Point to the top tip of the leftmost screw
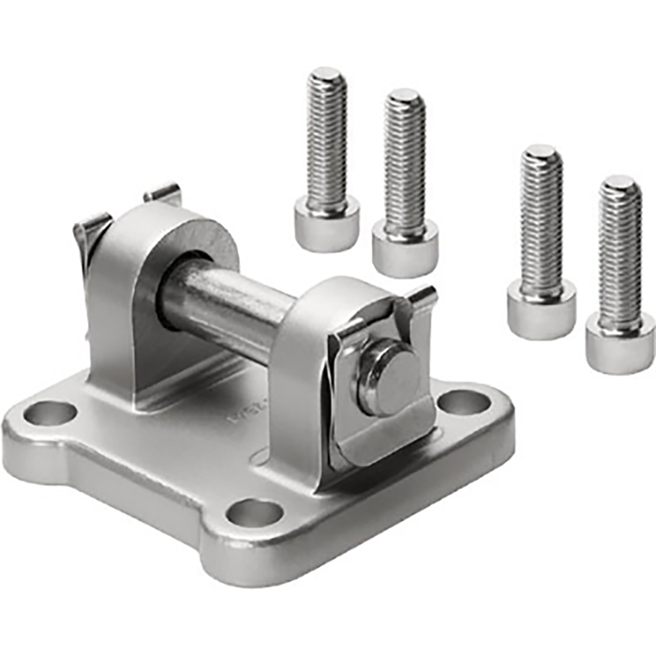click(x=327, y=73)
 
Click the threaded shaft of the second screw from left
click(x=404, y=159)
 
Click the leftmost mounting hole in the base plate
click(x=51, y=410)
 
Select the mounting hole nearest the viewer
click(x=255, y=513)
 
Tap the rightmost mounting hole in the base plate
click(x=464, y=404)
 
